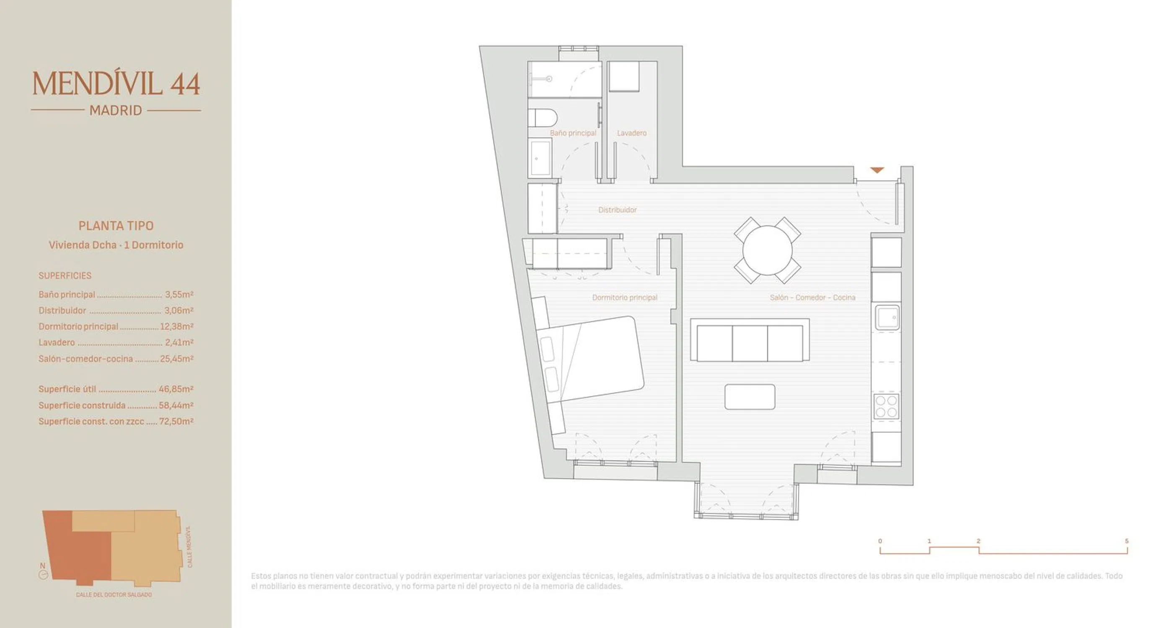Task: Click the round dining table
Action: (767, 250)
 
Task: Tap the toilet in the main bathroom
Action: (543, 118)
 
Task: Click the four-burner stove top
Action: (886, 407)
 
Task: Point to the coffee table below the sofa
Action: (750, 396)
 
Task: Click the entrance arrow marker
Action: (877, 170)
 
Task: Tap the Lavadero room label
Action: (631, 133)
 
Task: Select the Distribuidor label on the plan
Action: (618, 210)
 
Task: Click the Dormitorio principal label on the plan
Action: (625, 297)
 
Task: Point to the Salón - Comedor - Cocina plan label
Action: (812, 297)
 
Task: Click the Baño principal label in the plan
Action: (573, 133)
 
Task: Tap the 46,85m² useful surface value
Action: (176, 389)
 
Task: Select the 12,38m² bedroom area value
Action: (177, 326)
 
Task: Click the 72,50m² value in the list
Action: (176, 421)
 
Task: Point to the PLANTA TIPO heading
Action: (116, 226)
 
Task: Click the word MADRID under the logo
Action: (116, 111)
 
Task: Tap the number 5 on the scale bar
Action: (1126, 541)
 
